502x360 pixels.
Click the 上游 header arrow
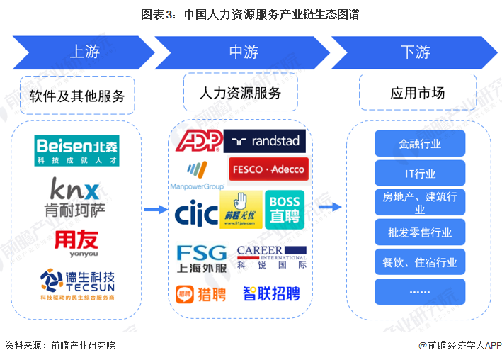coord(84,52)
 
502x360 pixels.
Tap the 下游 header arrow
coord(415,52)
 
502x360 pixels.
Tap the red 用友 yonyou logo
coord(76,241)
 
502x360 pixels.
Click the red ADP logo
coord(198,140)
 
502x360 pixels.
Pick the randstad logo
coord(264,140)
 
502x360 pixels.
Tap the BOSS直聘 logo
coord(284,210)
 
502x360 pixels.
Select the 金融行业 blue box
coord(420,144)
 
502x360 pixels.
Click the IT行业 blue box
coord(420,173)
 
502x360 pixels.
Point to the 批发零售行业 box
coord(420,232)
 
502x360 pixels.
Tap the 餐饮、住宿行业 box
coord(420,262)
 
